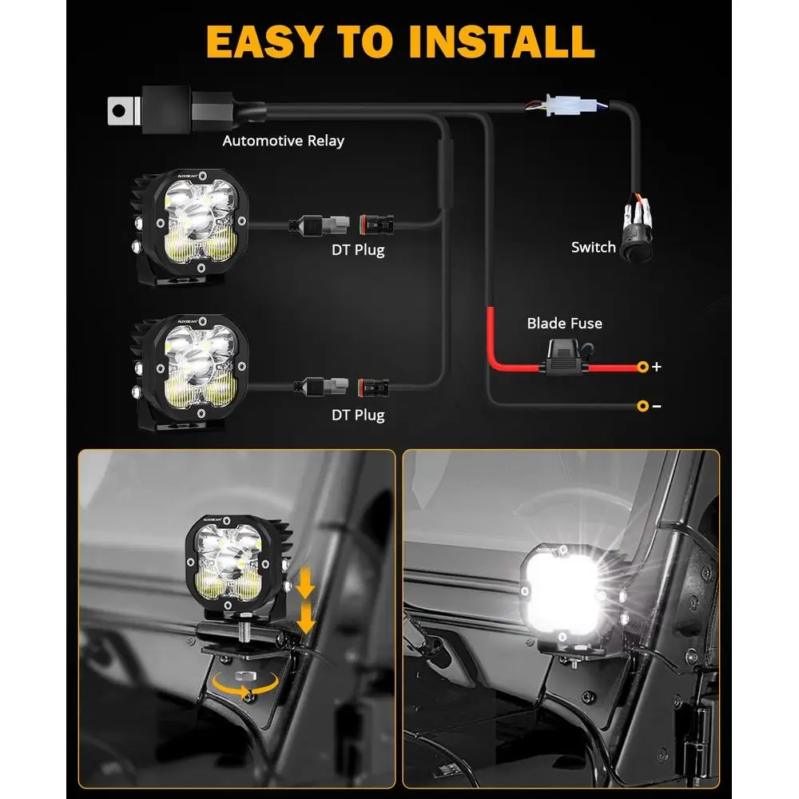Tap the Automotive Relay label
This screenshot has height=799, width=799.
click(283, 141)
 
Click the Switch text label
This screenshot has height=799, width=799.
click(593, 248)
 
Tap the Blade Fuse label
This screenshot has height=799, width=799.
click(564, 324)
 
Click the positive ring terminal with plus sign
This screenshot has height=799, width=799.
click(642, 367)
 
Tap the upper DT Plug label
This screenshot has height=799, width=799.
click(358, 250)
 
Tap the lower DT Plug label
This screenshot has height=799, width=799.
click(358, 415)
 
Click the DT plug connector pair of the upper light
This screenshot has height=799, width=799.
click(343, 224)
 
